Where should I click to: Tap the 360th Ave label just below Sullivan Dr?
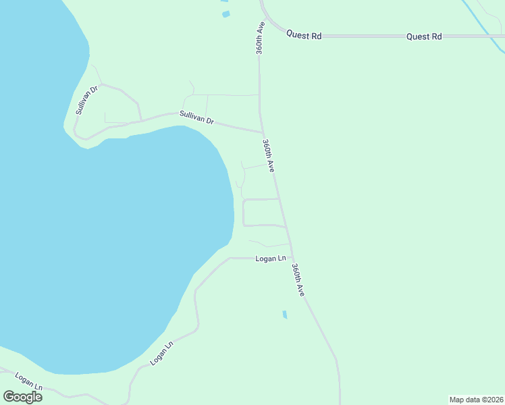click(268, 155)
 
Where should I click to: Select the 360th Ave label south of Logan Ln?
click(298, 279)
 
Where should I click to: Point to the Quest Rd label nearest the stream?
click(424, 36)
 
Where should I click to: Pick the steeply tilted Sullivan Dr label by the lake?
click(87, 100)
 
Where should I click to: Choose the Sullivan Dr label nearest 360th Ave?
click(196, 117)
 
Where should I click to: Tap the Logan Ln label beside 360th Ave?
click(271, 259)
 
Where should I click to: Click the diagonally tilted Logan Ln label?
click(162, 352)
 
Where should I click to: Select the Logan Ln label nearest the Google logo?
click(29, 381)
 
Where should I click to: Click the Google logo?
click(23, 397)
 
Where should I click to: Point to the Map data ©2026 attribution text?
click(476, 399)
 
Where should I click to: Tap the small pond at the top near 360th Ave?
click(225, 13)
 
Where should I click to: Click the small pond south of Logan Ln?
click(284, 315)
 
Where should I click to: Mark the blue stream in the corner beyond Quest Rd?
click(483, 20)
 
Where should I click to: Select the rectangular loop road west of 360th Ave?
click(261, 212)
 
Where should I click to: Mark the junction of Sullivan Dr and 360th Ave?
click(262, 132)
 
